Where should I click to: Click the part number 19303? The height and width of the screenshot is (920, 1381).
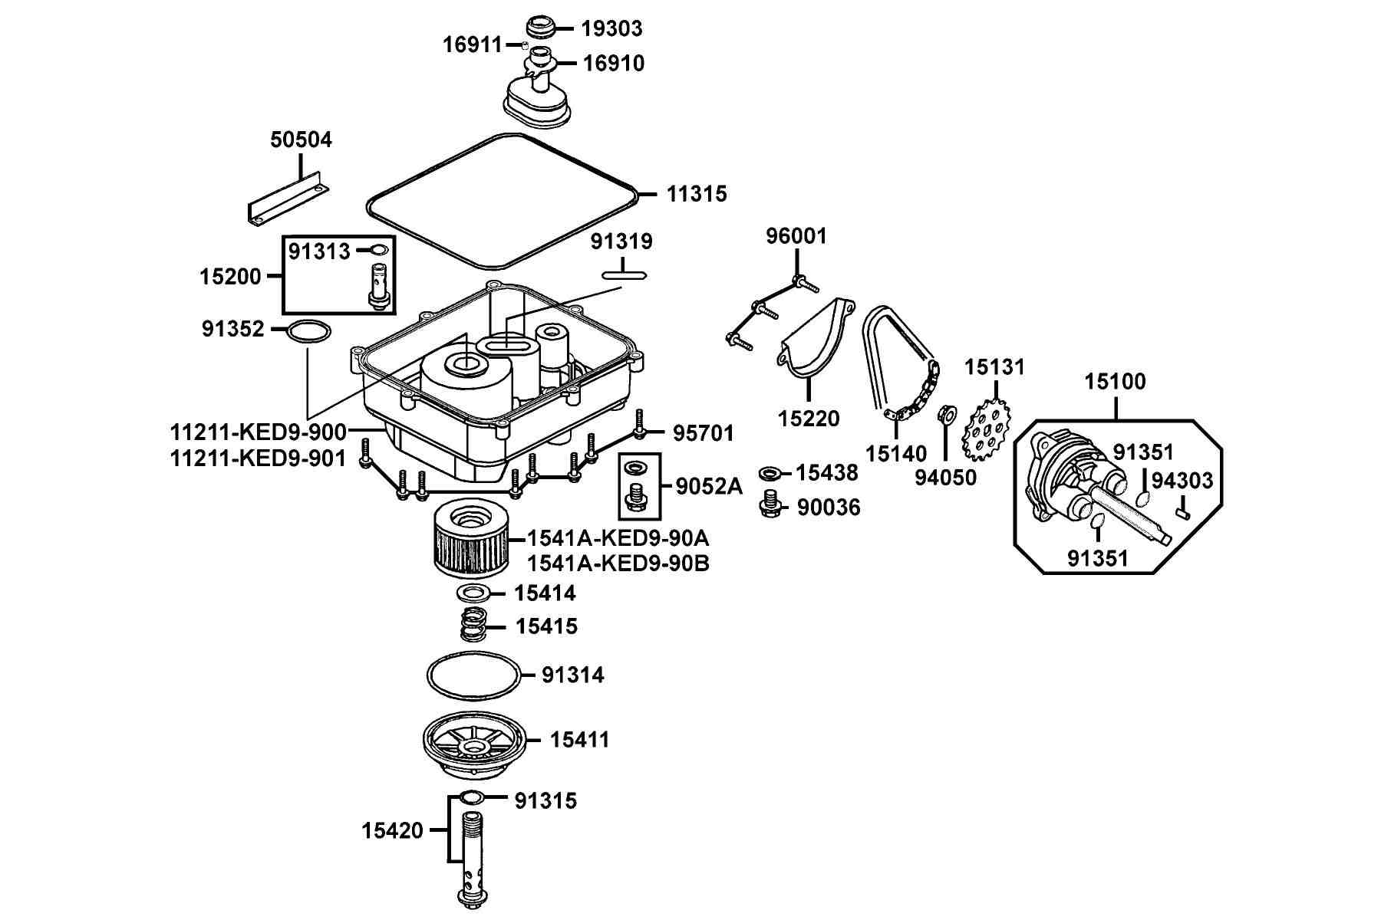pyautogui.click(x=611, y=28)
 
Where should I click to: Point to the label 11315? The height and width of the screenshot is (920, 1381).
pyautogui.click(x=696, y=194)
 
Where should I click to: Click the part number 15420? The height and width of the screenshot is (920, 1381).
pyautogui.click(x=392, y=830)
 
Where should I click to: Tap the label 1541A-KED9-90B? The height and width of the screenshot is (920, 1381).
pyautogui.click(x=618, y=563)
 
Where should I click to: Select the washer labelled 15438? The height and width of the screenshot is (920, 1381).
pyautogui.click(x=772, y=473)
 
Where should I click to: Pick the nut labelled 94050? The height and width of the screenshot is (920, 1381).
pyautogui.click(x=947, y=415)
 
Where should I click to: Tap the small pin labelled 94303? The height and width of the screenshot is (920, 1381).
pyautogui.click(x=1184, y=507)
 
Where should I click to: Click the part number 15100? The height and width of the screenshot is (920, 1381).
pyautogui.click(x=1116, y=382)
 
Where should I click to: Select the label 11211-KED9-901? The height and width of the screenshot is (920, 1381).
pyautogui.click(x=258, y=458)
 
